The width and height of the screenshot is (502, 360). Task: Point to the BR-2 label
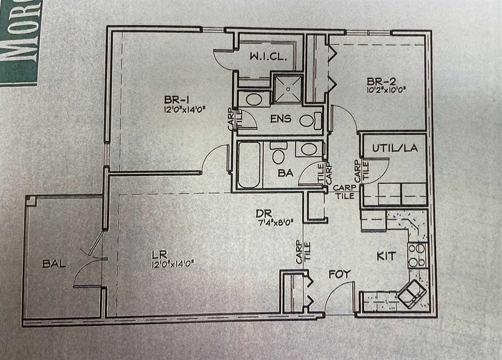pyautogui.click(x=378, y=80)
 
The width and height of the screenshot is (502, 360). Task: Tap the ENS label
pyautogui.click(x=280, y=118)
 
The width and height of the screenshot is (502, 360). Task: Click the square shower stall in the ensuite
pyautogui.click(x=288, y=89)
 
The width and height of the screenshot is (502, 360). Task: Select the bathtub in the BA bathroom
pyautogui.click(x=249, y=164)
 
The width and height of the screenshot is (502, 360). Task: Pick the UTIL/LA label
pyautogui.click(x=395, y=148)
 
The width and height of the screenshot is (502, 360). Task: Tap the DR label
pyautogui.click(x=261, y=214)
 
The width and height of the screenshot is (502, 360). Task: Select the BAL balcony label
pyautogui.click(x=54, y=264)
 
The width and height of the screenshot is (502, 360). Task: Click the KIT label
pyautogui.click(x=386, y=256)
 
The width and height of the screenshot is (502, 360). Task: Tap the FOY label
pyautogui.click(x=340, y=274)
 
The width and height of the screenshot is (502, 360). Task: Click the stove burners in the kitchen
pyautogui.click(x=418, y=255)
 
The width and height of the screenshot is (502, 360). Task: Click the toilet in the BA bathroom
pyautogui.click(x=278, y=156)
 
